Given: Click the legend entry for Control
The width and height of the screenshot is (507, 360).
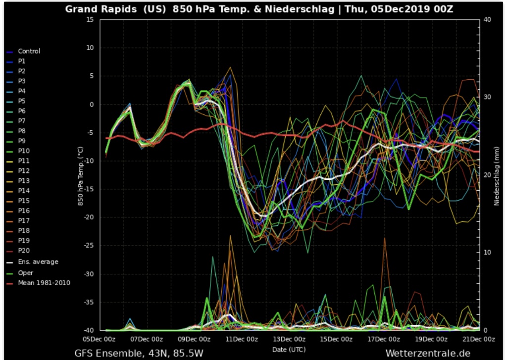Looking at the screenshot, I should point(29,51).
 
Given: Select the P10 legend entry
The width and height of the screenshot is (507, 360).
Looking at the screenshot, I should point(24,151).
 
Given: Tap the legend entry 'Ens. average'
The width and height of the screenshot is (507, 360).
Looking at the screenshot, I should point(38,262).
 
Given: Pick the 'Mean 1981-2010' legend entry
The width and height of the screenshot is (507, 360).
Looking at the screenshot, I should point(44,283).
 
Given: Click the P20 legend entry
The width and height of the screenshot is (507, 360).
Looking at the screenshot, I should point(24,251).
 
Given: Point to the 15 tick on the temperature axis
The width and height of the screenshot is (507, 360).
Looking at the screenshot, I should point(90,19).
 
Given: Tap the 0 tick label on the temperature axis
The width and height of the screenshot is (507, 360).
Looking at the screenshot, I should point(92,104).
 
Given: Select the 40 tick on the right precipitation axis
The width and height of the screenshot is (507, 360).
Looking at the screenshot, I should point(487,19).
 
